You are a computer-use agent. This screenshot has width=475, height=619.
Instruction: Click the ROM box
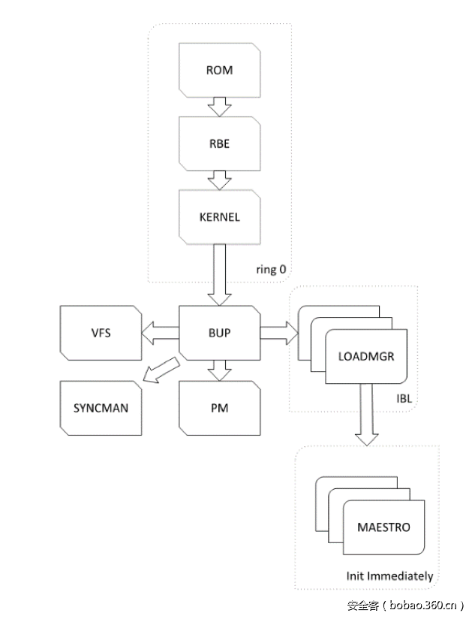coord(219,71)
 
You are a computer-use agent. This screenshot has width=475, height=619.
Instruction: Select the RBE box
coord(219,144)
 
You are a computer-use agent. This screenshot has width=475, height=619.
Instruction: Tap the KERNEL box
coord(219,217)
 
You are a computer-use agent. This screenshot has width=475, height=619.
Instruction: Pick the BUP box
coord(219,331)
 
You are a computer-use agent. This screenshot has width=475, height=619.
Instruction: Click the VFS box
coord(101,331)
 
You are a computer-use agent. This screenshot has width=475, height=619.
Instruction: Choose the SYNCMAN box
coord(101,408)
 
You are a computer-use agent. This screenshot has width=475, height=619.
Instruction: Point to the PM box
coord(219,408)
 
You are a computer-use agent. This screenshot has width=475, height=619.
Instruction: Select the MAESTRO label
coord(384,527)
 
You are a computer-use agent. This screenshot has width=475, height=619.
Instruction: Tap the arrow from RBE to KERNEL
coord(219,180)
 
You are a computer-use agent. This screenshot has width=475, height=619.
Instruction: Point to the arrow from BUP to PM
coord(219,369)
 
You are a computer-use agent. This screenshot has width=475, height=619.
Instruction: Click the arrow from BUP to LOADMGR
coord(278,331)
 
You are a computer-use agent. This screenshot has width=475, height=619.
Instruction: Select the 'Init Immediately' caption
coord(389,576)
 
